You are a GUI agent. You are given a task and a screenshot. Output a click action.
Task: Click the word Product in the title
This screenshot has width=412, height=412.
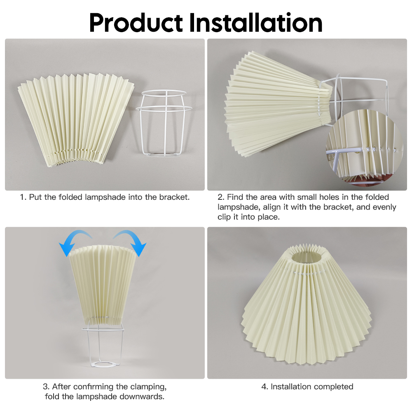[x=136, y=23]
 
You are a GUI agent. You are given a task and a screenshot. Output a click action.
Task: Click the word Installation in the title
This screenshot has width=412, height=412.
[x=256, y=23]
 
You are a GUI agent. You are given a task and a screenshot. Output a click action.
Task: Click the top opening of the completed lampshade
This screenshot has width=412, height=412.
[x=306, y=257]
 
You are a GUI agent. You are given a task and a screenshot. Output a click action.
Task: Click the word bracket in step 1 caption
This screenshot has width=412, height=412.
[x=174, y=197]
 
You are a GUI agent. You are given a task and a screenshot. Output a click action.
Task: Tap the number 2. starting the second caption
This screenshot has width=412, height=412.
[x=221, y=197]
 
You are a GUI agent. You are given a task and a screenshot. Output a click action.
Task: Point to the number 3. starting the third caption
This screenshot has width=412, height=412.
[x=46, y=387]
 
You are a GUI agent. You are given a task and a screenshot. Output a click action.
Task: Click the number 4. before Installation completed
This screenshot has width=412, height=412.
[x=265, y=387]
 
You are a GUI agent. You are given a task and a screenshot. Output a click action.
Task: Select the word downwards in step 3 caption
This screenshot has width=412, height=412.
[x=142, y=396]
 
